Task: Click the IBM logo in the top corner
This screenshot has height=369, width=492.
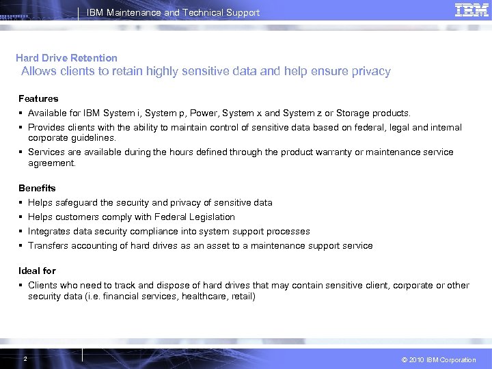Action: [471, 10]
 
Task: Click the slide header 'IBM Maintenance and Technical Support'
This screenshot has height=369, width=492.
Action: [173, 12]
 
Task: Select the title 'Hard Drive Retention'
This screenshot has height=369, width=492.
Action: [66, 58]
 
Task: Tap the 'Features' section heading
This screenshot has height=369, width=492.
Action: [38, 98]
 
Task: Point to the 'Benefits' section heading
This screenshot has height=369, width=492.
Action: [37, 188]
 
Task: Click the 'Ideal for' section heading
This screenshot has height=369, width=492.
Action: [37, 271]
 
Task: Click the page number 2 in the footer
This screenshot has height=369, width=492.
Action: [25, 359]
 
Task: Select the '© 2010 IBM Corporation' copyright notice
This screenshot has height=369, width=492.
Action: [439, 360]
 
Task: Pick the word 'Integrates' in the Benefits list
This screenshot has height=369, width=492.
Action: [50, 231]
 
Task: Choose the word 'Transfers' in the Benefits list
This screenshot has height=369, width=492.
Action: [49, 245]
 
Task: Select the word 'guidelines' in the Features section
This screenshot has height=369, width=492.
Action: [94, 137]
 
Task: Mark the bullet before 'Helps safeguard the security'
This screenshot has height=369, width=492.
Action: [21, 202]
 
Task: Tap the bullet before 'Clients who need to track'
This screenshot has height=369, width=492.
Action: [21, 285]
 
